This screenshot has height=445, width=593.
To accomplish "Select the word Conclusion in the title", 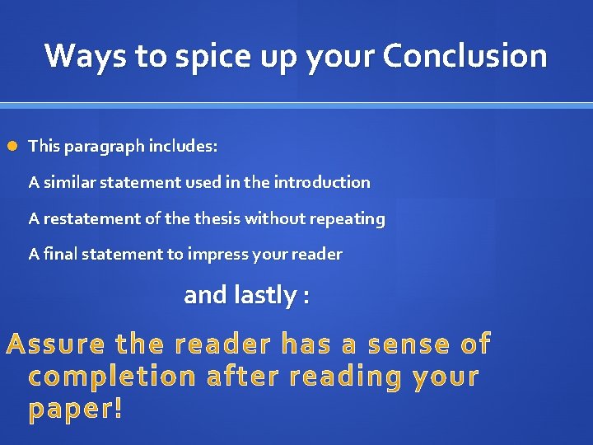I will (x=465, y=56).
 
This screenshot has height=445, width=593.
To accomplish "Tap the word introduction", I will (x=322, y=182).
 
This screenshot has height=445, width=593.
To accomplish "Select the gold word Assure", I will (x=56, y=344).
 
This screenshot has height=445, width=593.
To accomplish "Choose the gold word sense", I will (x=408, y=344).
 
